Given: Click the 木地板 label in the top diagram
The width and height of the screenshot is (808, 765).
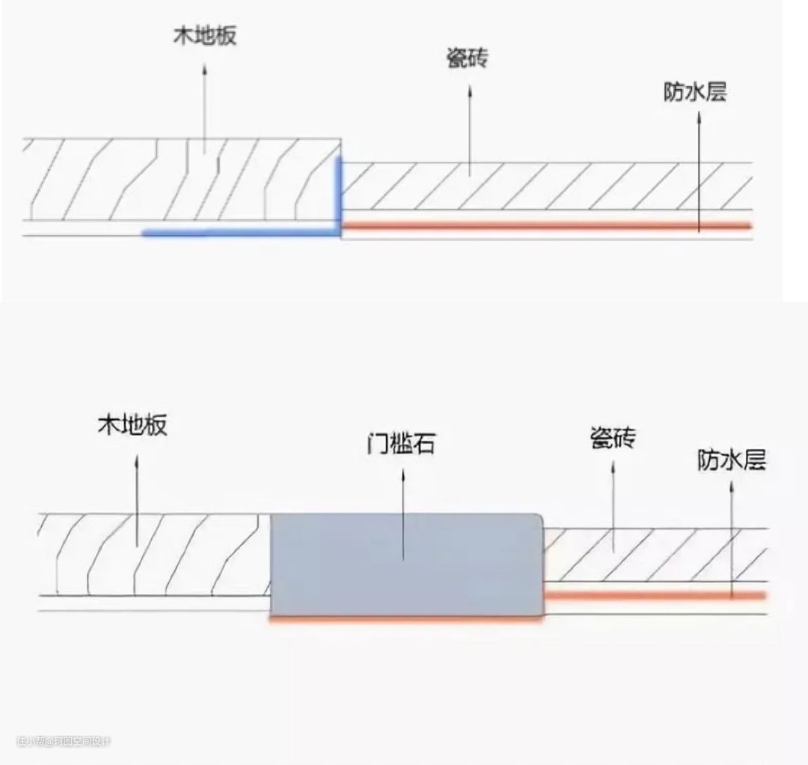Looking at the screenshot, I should point(204,36).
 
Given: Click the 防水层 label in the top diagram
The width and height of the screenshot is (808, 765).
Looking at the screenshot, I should point(695,92).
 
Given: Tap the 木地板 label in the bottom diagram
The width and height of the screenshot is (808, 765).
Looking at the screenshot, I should point(132,426).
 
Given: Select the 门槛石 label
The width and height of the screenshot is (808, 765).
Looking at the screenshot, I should point(402,446).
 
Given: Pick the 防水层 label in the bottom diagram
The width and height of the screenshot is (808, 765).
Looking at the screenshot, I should point(732,460).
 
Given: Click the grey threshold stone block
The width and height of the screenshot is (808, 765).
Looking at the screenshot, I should point(405,565).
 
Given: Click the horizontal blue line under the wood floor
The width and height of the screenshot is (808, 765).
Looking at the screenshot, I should point(239,233).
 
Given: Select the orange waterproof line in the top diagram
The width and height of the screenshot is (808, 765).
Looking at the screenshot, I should point(546,225).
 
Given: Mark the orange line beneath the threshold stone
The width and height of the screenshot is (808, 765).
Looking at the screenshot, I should point(404,621).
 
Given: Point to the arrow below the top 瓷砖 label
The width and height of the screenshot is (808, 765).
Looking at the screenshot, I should point(470,127).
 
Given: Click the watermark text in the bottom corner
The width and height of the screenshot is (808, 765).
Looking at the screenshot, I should point(64,741).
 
